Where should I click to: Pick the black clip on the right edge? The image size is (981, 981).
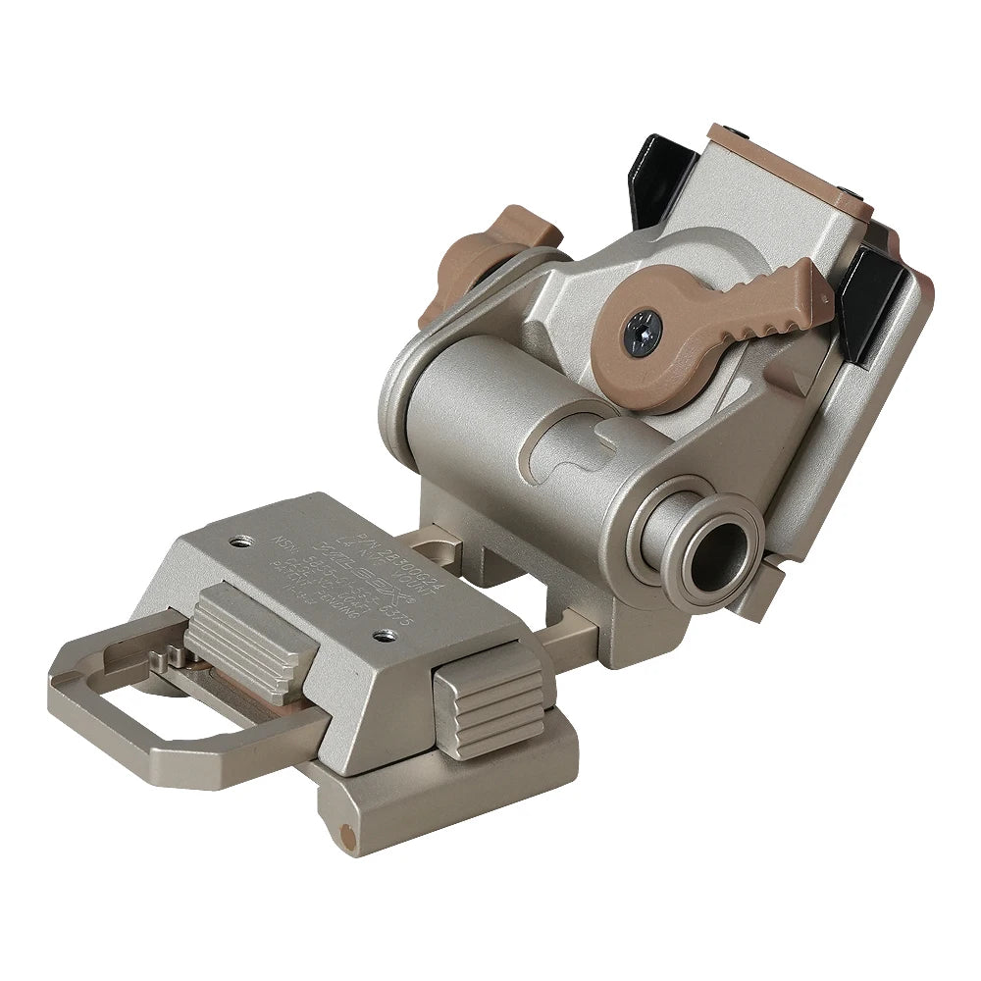876,303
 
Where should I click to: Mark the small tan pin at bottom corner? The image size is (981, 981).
344,835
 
